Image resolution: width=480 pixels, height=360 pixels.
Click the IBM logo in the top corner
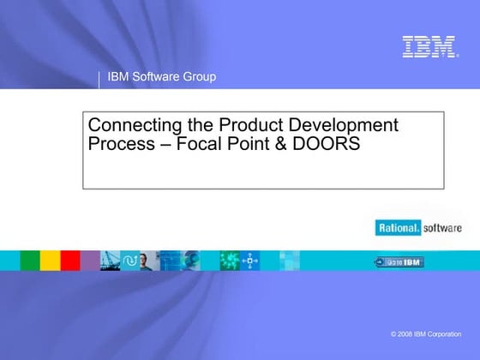pyautogui.click(x=429, y=47)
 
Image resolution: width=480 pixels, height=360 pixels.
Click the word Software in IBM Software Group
pyautogui.click(x=156, y=78)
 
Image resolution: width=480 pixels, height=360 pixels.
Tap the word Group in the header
pyautogui.click(x=199, y=78)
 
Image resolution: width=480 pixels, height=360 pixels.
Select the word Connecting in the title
pyautogui.click(x=128, y=125)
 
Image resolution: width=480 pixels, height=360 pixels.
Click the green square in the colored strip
pyautogui.click(x=30, y=261)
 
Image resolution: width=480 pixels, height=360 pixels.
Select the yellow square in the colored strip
pyautogui.click(x=51, y=261)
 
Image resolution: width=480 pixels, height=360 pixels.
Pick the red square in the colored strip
pyautogui.click(x=70, y=261)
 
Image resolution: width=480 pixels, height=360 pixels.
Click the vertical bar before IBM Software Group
pyautogui.click(x=99, y=79)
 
